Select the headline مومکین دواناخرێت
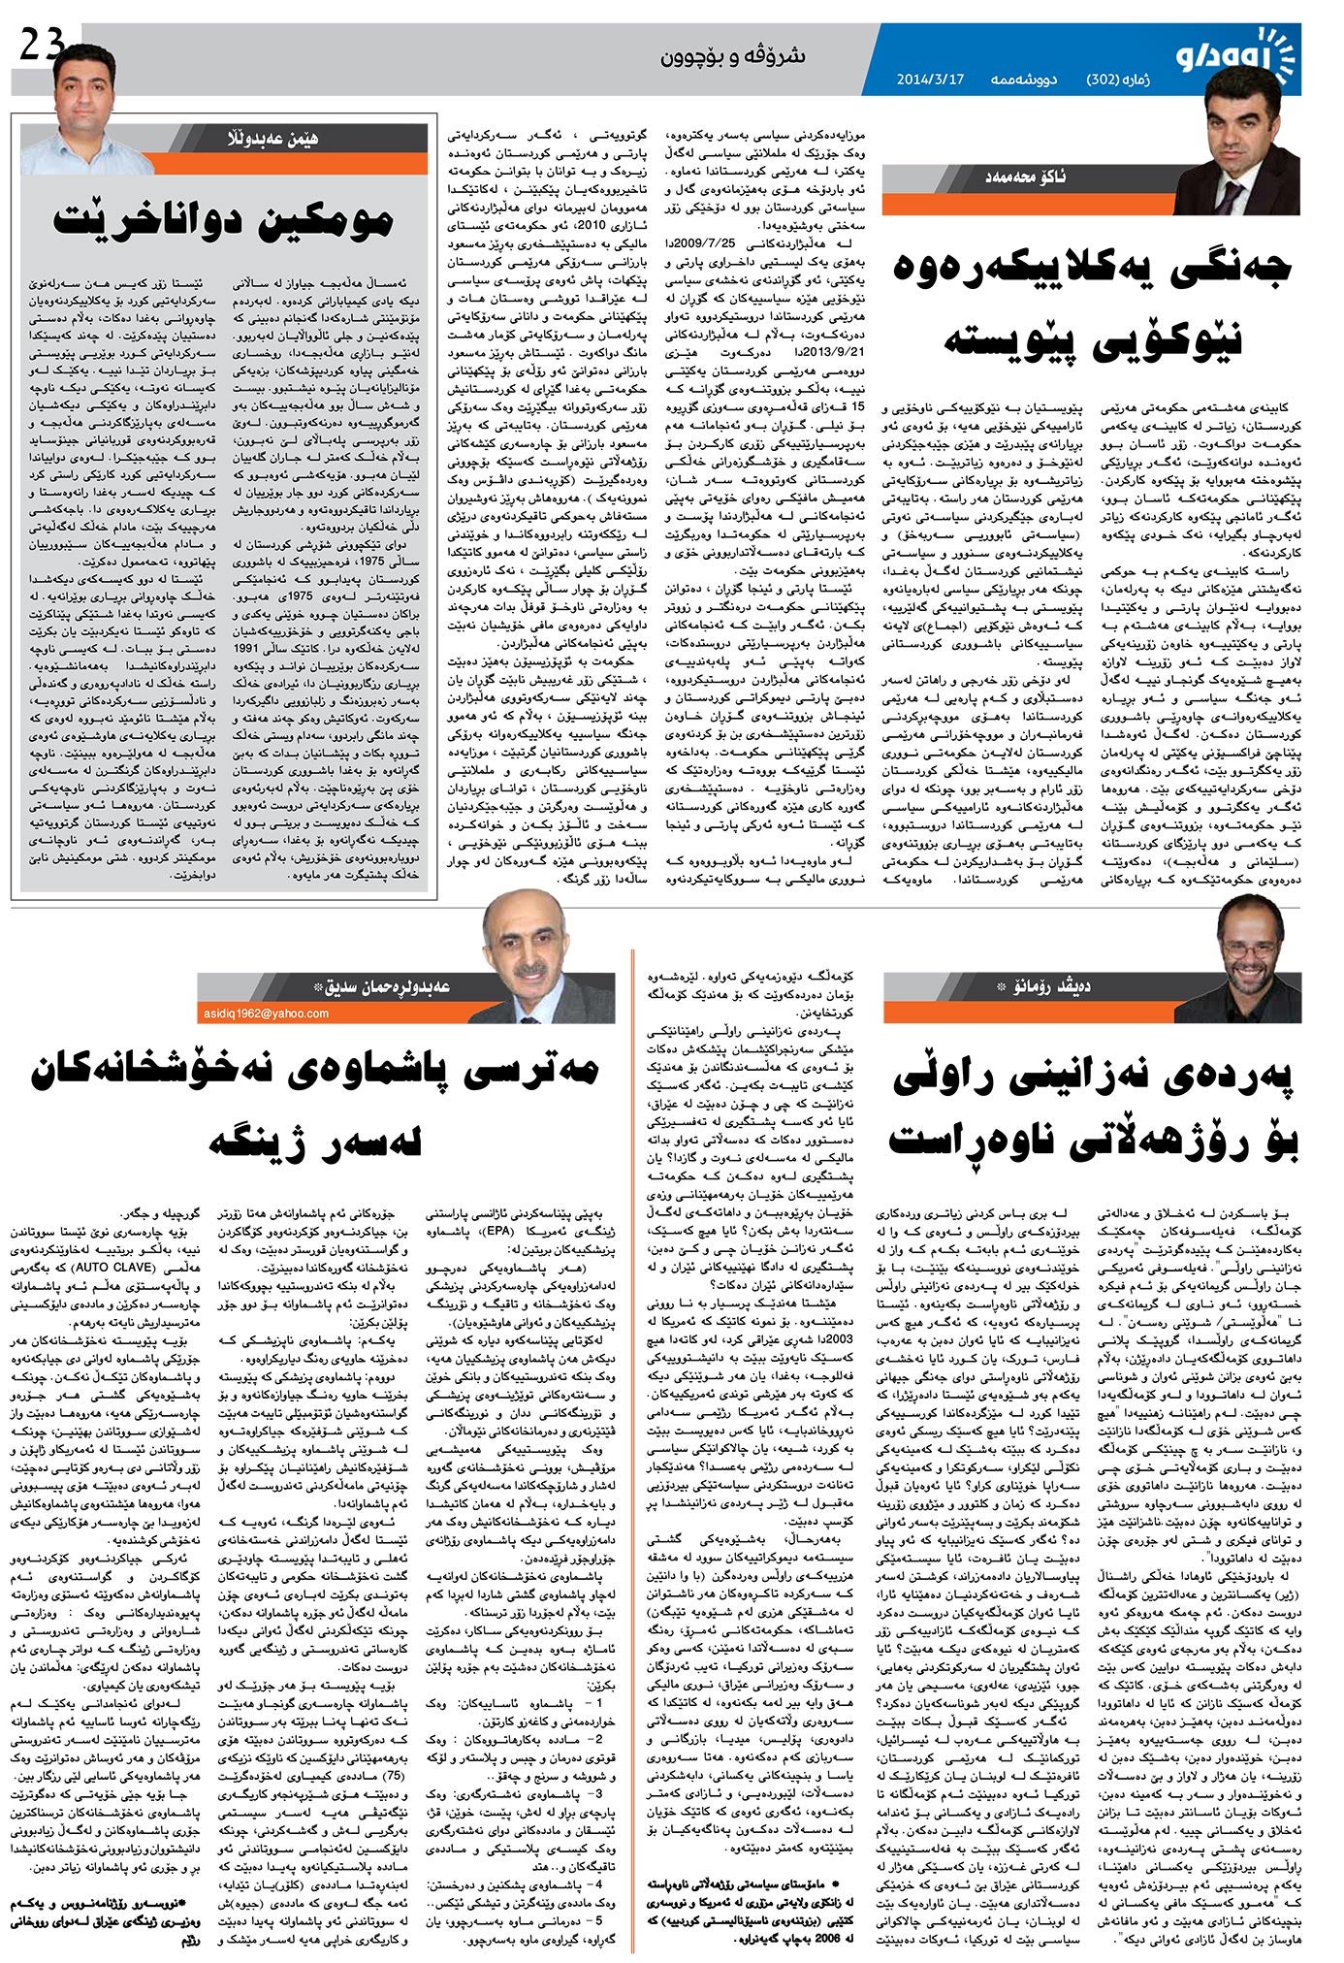(x=223, y=219)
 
